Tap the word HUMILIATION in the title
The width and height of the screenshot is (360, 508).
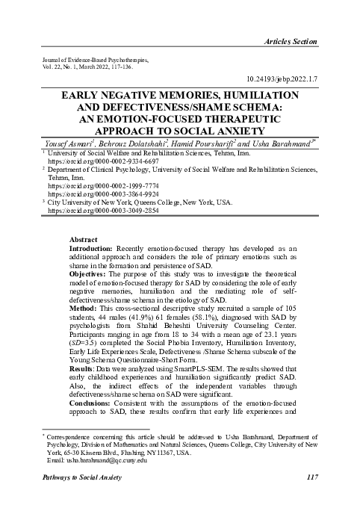click(x=252, y=97)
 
